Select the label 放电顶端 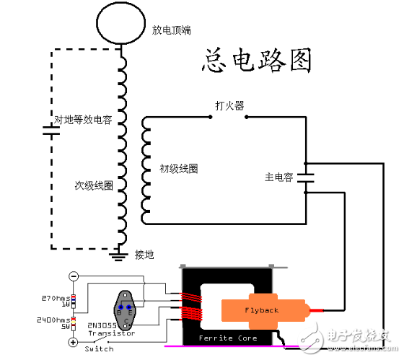[171, 30]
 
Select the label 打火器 [229, 106]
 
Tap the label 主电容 [278, 177]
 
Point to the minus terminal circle [73, 276]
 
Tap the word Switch [99, 348]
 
